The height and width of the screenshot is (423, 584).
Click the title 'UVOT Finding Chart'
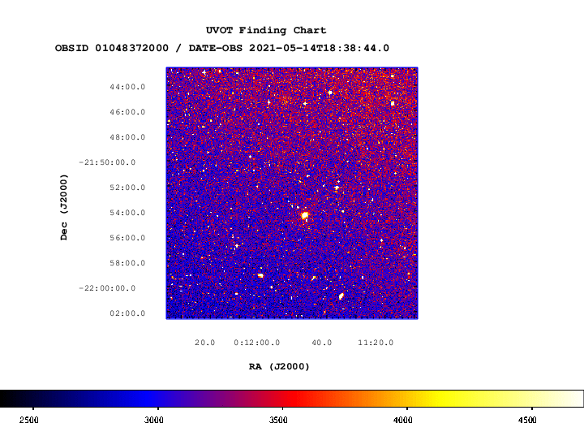click(266, 30)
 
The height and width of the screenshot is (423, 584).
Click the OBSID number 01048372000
click(132, 48)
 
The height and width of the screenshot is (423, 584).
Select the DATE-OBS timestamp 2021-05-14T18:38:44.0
click(320, 48)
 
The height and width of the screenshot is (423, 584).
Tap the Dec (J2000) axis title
click(64, 207)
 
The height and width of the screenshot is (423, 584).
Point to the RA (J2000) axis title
click(279, 367)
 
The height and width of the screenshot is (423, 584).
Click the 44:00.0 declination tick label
click(127, 87)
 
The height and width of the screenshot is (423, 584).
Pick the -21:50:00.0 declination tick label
click(107, 162)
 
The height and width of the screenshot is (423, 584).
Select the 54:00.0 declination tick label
click(127, 213)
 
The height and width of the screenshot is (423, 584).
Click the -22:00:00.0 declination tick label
click(107, 288)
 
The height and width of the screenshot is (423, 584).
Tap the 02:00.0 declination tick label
click(127, 313)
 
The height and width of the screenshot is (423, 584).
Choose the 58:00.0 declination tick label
click(127, 263)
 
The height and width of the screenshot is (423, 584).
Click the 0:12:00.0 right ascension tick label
click(257, 343)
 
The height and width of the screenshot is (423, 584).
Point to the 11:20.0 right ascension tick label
click(376, 343)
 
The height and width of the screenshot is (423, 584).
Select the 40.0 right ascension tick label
click(322, 343)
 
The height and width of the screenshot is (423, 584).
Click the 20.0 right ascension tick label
click(205, 343)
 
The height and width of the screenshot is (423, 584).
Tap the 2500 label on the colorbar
click(29, 420)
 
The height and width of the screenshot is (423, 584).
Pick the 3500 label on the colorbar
click(278, 420)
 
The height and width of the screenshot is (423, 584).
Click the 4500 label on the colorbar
click(527, 420)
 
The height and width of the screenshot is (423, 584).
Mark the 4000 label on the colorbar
click(402, 420)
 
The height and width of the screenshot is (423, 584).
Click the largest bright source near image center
click(305, 215)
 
